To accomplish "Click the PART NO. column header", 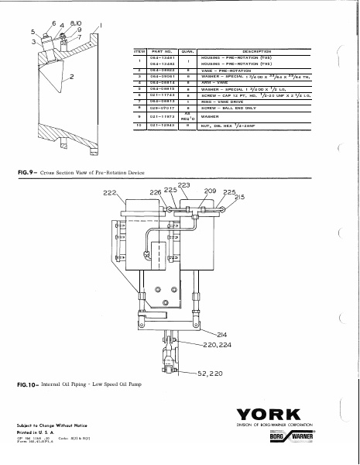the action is coord(159,50).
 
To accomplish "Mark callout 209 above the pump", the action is coord(209,189).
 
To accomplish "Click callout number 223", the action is coord(183,184).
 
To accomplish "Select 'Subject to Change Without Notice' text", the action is coord(51,426).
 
